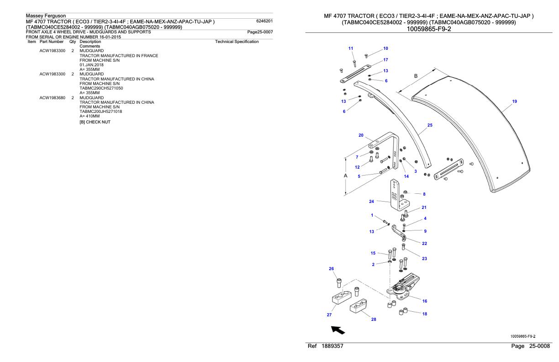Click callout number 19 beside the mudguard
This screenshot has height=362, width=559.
click(x=515, y=101)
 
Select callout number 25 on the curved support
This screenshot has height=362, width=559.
click(x=429, y=125)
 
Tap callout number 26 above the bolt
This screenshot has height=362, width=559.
click(x=332, y=269)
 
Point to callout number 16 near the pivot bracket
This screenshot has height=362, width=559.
click(x=424, y=301)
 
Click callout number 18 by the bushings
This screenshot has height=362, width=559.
click(x=424, y=314)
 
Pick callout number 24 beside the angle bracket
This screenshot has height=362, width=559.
click(x=371, y=201)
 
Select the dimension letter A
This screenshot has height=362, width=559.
click(x=345, y=176)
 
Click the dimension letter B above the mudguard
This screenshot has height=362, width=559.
click(x=416, y=76)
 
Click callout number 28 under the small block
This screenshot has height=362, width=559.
click(x=374, y=319)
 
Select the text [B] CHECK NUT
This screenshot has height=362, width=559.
click(x=95, y=122)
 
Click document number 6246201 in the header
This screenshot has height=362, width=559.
click(x=265, y=21)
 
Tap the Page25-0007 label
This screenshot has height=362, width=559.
click(x=259, y=32)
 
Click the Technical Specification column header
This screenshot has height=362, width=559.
click(x=237, y=42)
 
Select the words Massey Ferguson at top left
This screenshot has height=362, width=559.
click(x=47, y=16)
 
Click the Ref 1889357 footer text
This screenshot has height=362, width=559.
click(x=326, y=347)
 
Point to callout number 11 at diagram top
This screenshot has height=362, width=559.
click(x=351, y=48)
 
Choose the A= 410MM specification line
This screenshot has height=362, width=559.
click(x=90, y=116)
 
